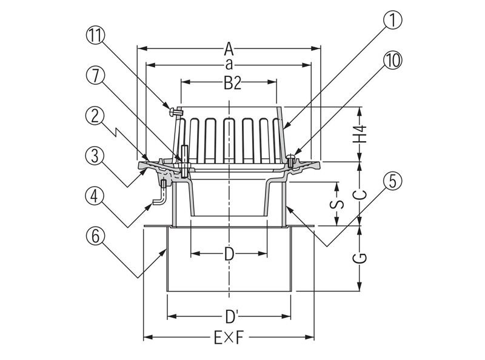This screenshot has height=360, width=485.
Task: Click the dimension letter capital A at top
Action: [229, 47]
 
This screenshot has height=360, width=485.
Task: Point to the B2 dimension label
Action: [230, 84]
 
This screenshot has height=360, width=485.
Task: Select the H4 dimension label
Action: [361, 133]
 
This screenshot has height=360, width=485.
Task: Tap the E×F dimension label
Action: [229, 338]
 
